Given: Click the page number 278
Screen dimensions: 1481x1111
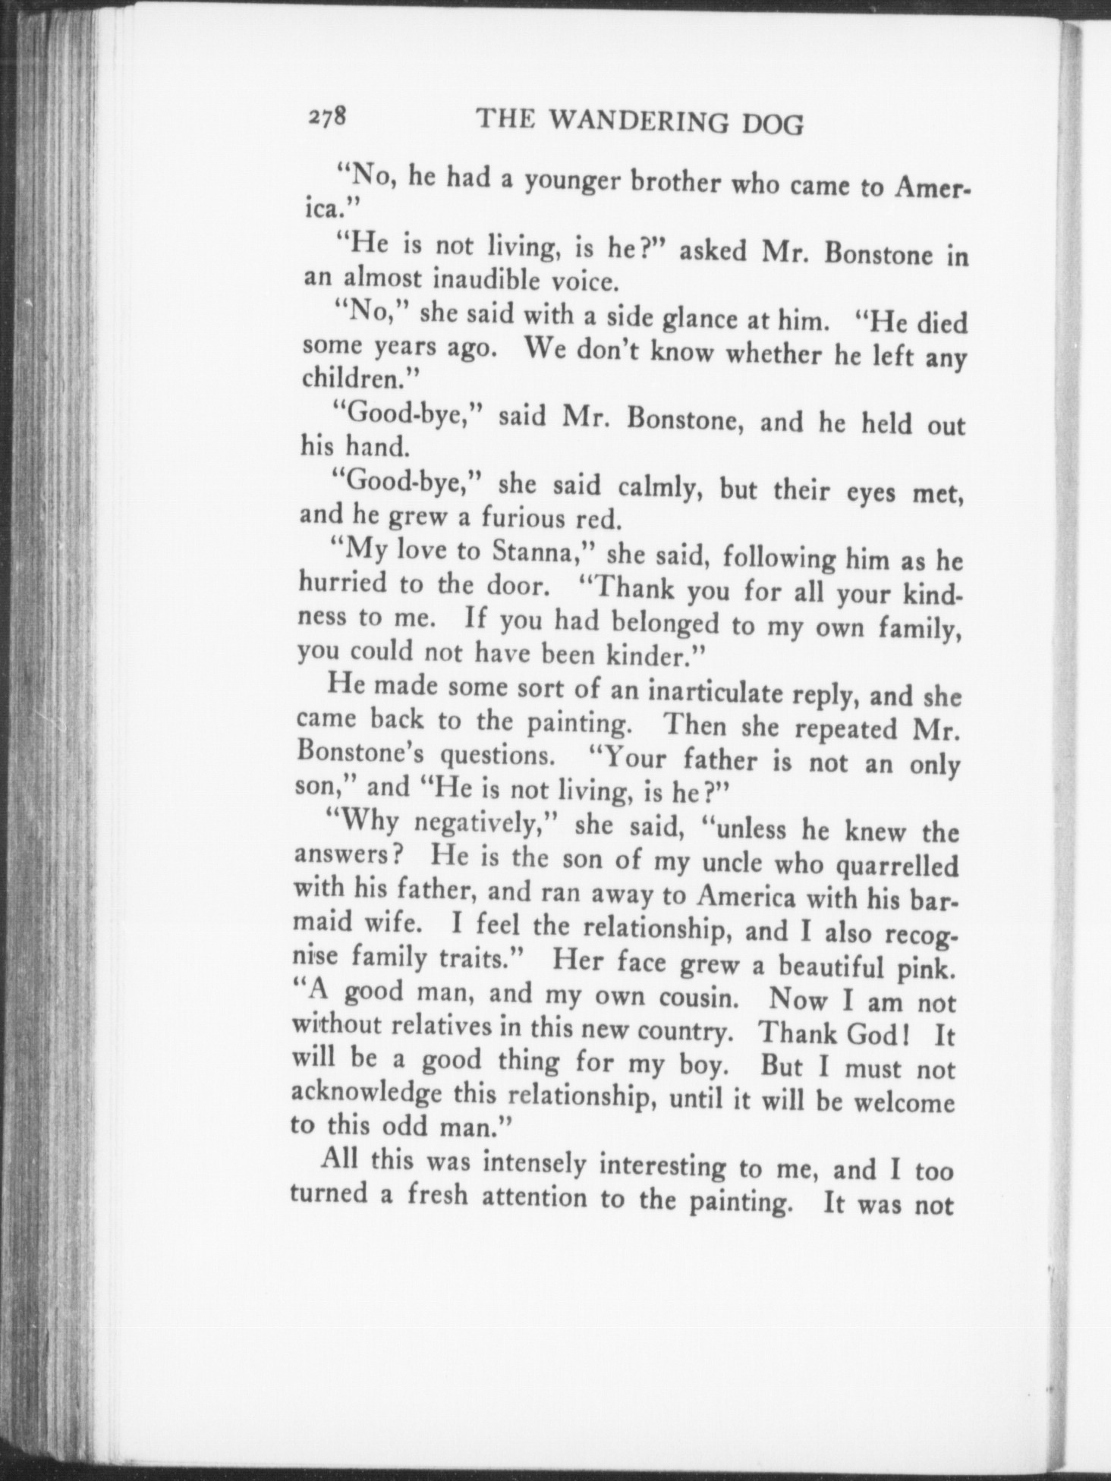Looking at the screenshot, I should (x=327, y=117).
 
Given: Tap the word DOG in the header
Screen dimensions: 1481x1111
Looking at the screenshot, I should (x=773, y=124).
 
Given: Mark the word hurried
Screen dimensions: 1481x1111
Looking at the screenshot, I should (x=340, y=583).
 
